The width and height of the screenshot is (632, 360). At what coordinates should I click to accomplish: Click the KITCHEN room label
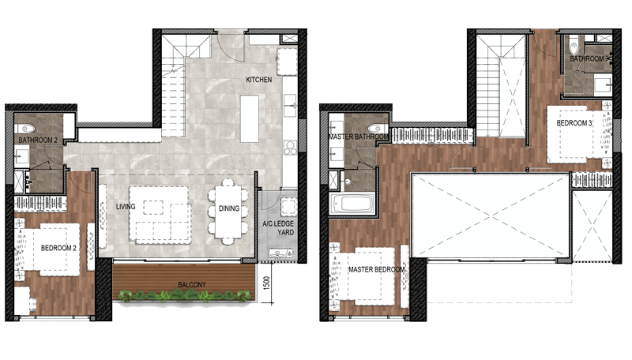tap(259, 80)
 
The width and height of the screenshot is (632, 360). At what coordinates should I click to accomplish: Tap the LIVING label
tap(126, 207)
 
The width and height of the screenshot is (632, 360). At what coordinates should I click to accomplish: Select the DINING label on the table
tap(229, 208)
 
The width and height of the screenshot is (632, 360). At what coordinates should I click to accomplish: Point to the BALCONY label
tap(192, 285)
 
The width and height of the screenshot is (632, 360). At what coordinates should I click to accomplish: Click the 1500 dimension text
tap(266, 283)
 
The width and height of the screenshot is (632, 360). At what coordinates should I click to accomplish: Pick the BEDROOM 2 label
tap(58, 248)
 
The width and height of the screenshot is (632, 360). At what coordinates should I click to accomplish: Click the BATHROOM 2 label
tap(38, 141)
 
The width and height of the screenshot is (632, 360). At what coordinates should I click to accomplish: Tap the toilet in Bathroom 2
tap(25, 129)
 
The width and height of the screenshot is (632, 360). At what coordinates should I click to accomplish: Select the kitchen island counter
tap(250, 118)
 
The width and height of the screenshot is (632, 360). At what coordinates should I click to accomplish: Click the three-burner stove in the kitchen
tap(290, 148)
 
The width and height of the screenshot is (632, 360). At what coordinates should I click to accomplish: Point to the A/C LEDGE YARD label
tap(279, 228)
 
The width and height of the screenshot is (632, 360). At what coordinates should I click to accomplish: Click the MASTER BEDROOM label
tap(377, 269)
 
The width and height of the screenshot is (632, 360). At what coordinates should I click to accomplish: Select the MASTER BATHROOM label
tap(359, 137)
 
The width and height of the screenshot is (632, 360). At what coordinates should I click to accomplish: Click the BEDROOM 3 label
tap(574, 123)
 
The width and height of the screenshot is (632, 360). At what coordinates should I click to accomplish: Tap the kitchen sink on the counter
tap(290, 106)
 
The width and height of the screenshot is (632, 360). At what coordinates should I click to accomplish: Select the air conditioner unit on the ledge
tap(280, 253)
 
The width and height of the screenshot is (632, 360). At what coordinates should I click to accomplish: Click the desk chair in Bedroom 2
tap(32, 306)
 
